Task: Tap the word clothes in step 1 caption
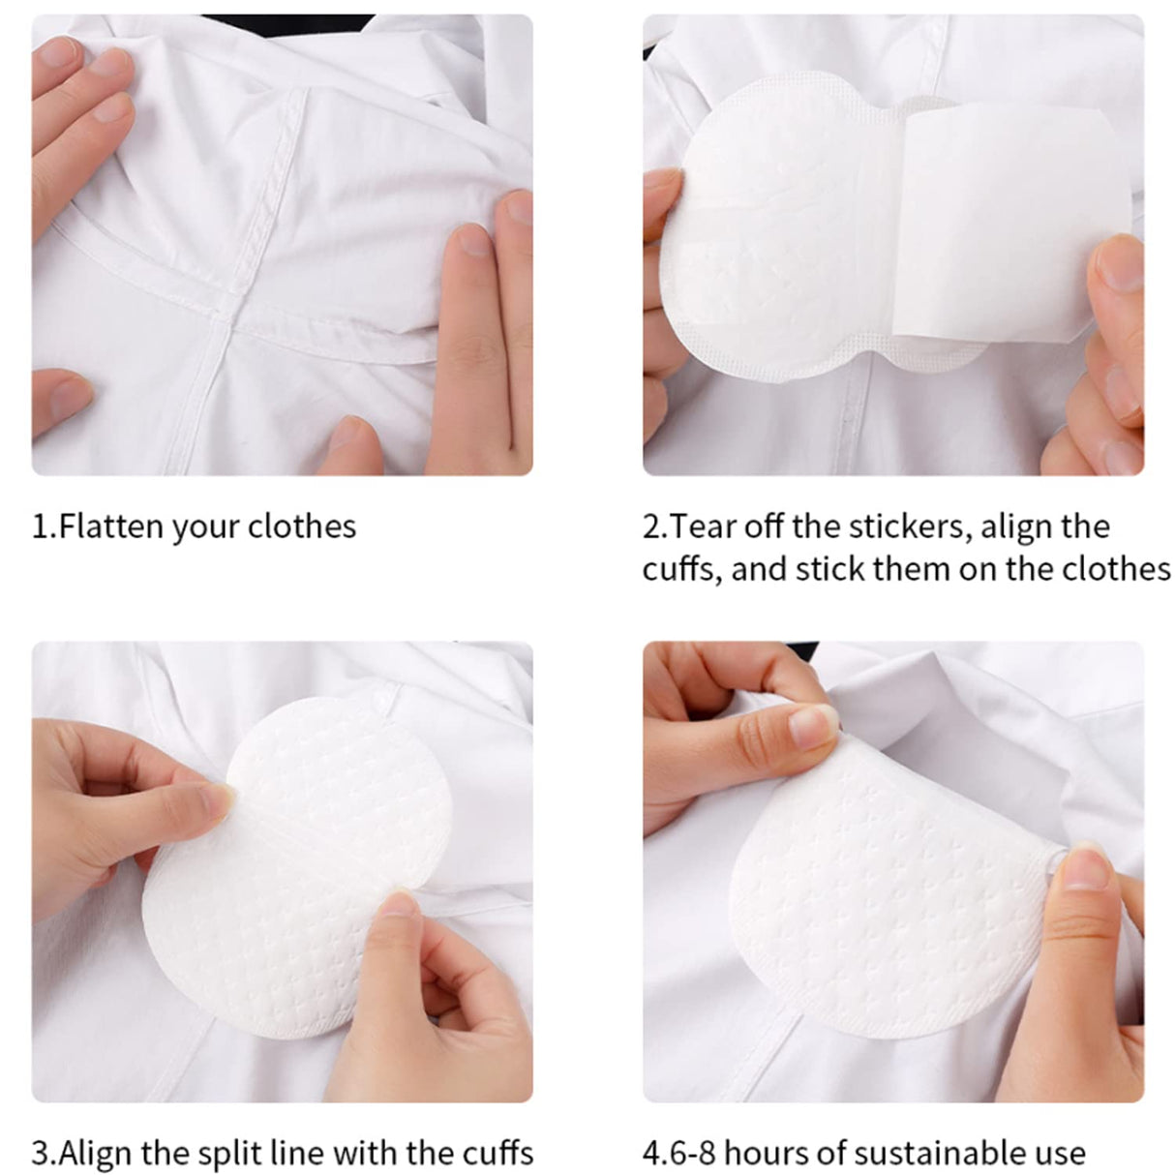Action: (302, 527)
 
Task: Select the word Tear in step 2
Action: (697, 527)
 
